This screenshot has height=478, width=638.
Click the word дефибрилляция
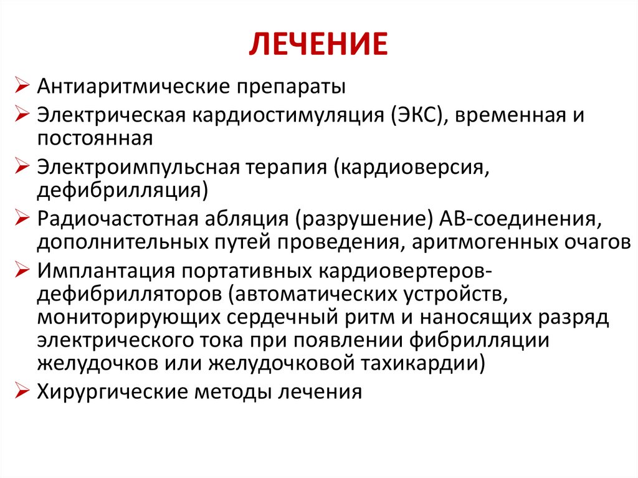tap(118, 189)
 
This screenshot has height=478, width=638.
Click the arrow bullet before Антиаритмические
tap(23, 86)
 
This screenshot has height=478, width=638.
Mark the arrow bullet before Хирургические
tap(23, 393)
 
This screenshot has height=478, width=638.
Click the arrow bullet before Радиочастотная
tap(23, 220)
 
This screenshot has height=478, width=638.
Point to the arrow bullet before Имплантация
tap(23, 272)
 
